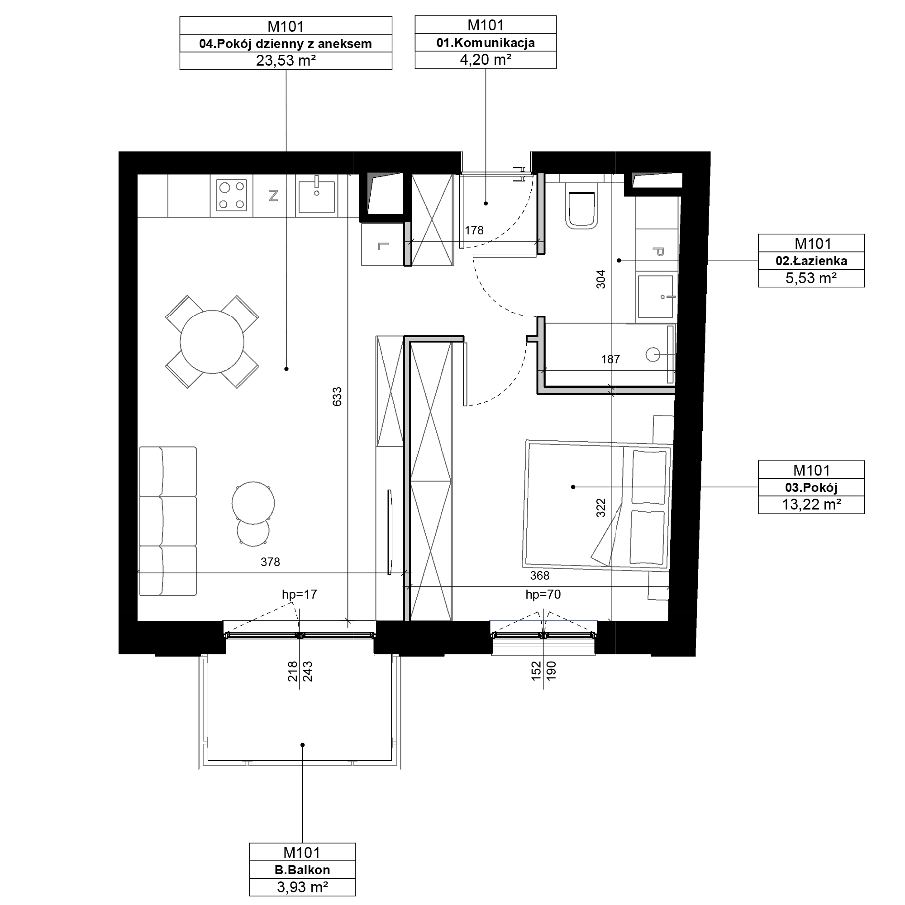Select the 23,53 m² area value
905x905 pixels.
tap(286, 61)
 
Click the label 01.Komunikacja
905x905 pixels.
tap(486, 43)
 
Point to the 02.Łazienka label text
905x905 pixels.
tap(811, 261)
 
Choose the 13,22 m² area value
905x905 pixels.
tap(811, 505)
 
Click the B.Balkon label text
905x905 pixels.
tap(303, 870)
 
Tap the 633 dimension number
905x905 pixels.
tap(337, 397)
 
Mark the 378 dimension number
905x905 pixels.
tap(270, 562)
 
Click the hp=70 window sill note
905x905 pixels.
tap(543, 595)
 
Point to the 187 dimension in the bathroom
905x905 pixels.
tap(611, 359)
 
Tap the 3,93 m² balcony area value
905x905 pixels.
tap(303, 888)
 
